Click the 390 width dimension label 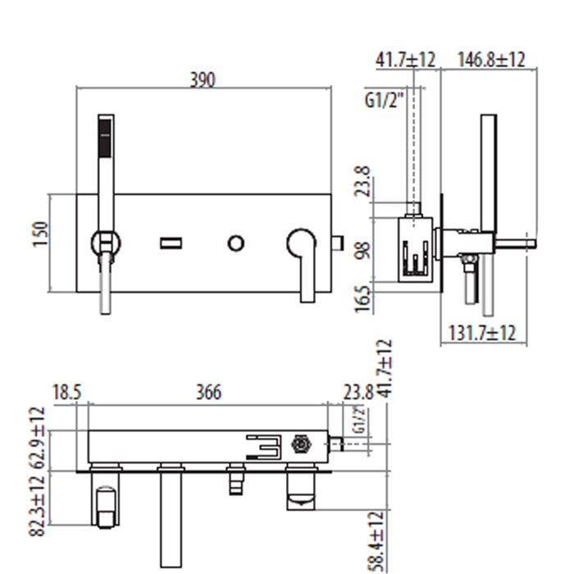(203, 80)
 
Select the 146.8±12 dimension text (491, 60)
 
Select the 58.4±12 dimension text (376, 541)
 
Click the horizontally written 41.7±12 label (405, 60)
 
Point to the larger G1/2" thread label (385, 101)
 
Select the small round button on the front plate (235, 242)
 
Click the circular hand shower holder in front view (105, 242)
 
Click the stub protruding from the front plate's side (337, 242)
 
